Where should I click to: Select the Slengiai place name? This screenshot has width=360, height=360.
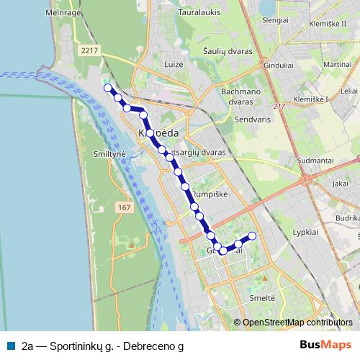click(275, 20)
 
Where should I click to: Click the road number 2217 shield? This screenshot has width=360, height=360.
click(90, 50)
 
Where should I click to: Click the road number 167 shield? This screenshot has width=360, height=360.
click(125, 207)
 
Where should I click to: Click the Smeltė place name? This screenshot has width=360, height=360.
click(262, 297)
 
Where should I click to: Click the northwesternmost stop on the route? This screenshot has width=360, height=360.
click(108, 88)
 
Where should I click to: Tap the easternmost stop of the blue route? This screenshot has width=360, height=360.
click(252, 236)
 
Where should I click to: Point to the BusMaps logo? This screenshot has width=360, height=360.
click(325, 345)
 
